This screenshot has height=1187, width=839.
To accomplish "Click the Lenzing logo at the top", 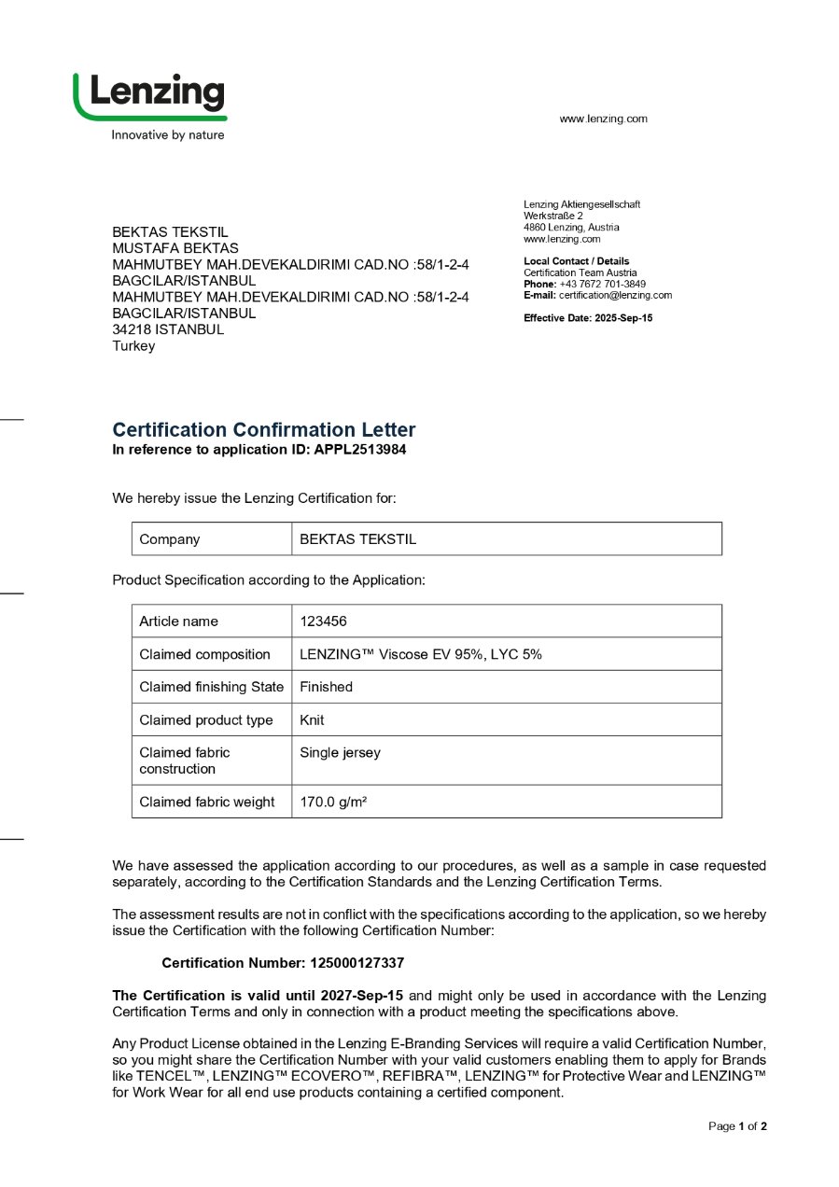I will click(150, 95).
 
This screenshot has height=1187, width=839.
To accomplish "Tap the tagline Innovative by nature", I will click(168, 135).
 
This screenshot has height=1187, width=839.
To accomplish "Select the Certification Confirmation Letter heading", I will click(263, 430).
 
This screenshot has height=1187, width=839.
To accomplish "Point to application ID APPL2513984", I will click(360, 449).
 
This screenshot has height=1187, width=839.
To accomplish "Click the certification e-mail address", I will click(615, 295).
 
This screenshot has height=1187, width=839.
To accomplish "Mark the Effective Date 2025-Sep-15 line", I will click(588, 318).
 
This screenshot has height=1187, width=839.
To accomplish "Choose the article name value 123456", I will click(323, 621).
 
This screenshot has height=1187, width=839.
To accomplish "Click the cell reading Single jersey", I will click(340, 753).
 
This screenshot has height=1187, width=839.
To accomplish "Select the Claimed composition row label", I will click(204, 654).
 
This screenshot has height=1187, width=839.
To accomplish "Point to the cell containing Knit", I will click(312, 720).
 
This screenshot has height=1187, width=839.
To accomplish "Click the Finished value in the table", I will click(326, 687).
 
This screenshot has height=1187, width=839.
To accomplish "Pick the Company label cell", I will click(169, 539).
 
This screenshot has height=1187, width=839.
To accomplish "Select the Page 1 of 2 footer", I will click(737, 1126).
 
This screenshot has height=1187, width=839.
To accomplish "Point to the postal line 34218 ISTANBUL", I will click(168, 329).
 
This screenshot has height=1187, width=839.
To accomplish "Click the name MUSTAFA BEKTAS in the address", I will click(175, 248).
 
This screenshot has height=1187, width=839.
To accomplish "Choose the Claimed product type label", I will click(206, 720).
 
